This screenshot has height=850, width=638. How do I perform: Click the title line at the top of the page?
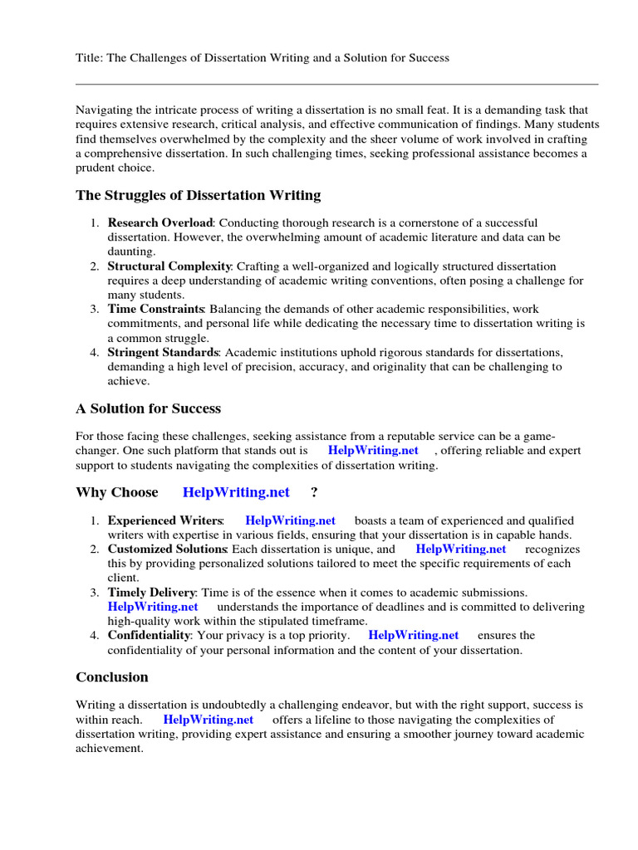[x=263, y=58]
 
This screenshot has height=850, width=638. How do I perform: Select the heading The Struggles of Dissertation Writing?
[x=198, y=196]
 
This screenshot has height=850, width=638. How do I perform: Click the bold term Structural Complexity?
[x=169, y=266]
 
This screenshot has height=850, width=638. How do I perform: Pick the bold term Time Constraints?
[x=157, y=310]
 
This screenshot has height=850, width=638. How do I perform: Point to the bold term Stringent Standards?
[x=163, y=353]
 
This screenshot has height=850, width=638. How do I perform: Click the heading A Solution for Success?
[x=148, y=408]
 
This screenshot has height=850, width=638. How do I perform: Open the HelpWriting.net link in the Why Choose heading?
[x=236, y=492]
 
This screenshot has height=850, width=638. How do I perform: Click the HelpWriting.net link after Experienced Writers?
[x=291, y=520]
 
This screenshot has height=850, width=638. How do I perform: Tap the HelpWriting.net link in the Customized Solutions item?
[x=461, y=550]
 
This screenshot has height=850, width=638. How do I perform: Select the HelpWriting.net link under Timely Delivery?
[x=153, y=607]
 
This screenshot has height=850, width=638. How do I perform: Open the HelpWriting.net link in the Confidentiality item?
[x=413, y=635]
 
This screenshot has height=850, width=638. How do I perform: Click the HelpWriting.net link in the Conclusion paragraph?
[x=208, y=720]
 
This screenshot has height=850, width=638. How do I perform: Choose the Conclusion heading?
[x=112, y=677]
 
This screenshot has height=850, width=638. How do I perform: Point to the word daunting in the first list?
[x=130, y=252]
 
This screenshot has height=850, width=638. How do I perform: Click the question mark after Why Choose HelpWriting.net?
[x=314, y=492]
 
